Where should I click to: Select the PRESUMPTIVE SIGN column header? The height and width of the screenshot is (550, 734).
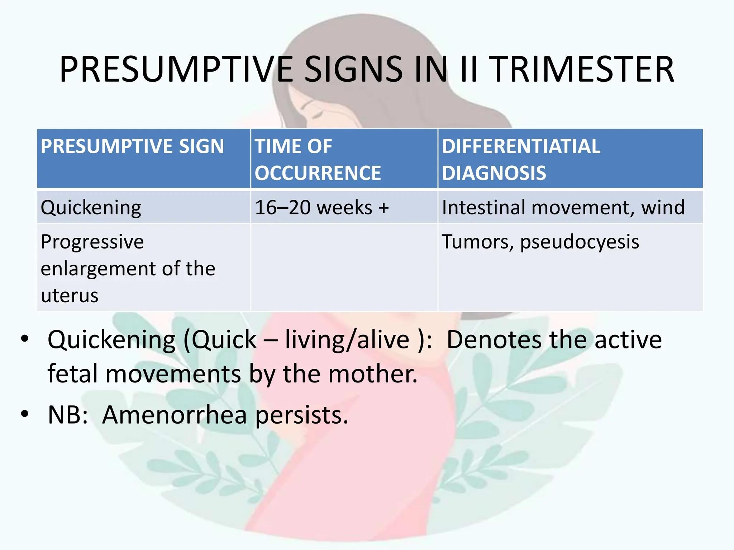(132, 146)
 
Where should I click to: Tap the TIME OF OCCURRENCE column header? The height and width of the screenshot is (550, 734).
(318, 159)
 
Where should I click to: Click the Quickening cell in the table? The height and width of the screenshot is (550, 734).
(91, 208)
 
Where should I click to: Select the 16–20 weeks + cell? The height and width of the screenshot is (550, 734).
(321, 208)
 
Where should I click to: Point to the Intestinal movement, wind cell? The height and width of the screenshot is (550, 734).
(563, 208)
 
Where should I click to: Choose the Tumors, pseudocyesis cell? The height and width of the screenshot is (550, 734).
(540, 242)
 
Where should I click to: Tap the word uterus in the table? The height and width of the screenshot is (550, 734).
(70, 296)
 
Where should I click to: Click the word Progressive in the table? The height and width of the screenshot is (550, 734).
(92, 242)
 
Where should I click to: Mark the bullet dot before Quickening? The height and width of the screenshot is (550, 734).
(24, 339)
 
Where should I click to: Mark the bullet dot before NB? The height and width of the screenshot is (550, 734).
(24, 414)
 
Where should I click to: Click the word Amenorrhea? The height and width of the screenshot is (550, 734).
(175, 415)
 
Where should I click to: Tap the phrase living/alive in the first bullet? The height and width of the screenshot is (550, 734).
(347, 340)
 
